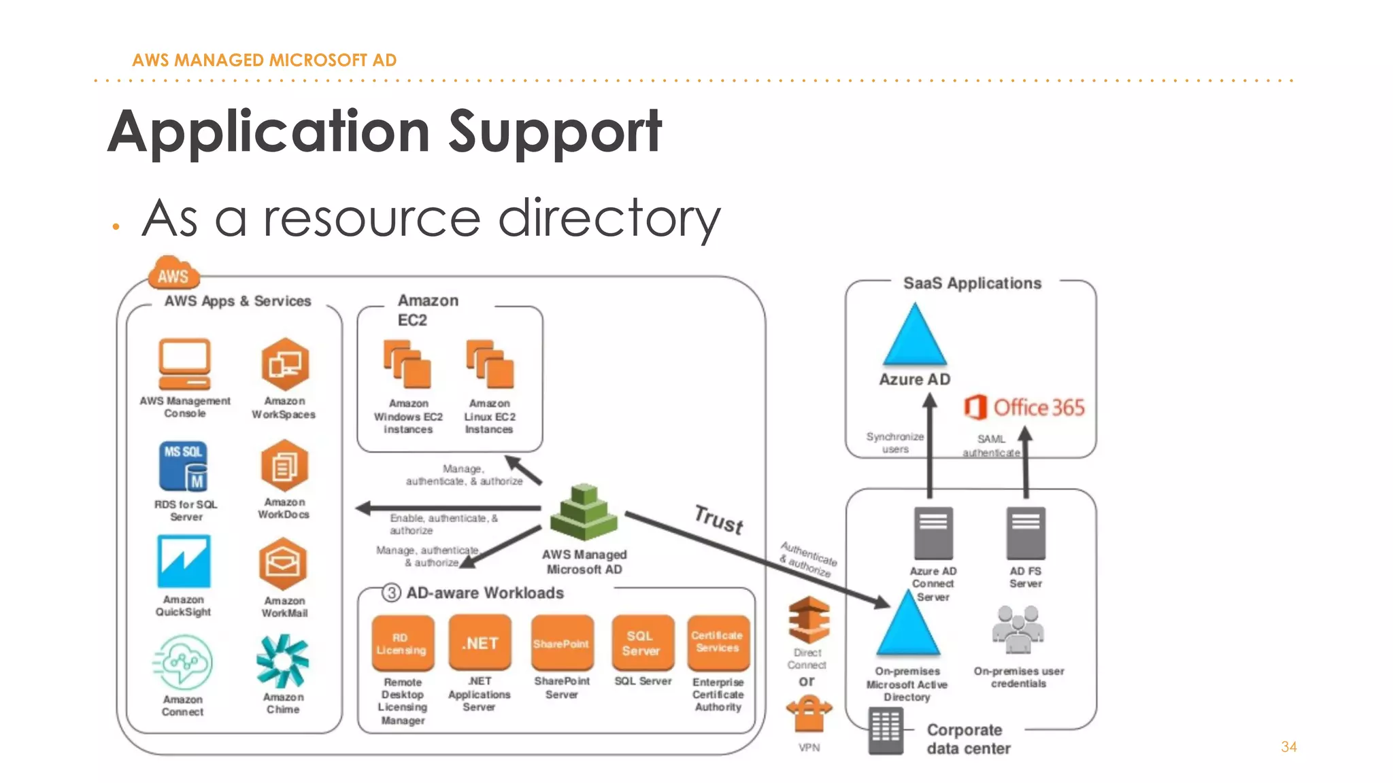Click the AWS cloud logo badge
[174, 274]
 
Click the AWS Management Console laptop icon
[184, 364]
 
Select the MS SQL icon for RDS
[184, 466]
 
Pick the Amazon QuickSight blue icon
[184, 561]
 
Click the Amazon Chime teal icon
[282, 661]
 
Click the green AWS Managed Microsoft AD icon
[584, 513]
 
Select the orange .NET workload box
[480, 643]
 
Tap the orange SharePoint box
[562, 643]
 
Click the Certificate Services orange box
[718, 642]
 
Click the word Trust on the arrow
[719, 520]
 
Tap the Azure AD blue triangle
[915, 336]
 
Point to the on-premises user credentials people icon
[1018, 629]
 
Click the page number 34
[1288, 747]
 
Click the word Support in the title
[555, 133]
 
